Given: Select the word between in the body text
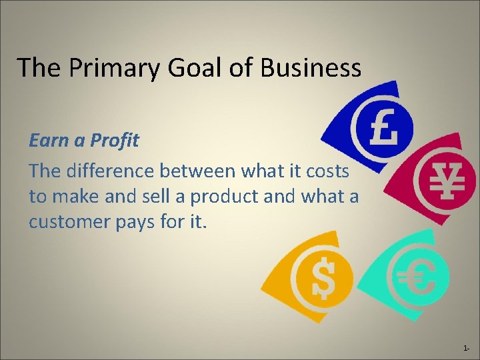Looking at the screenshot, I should [203, 171].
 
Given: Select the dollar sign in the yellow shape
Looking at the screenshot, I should [323, 277].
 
